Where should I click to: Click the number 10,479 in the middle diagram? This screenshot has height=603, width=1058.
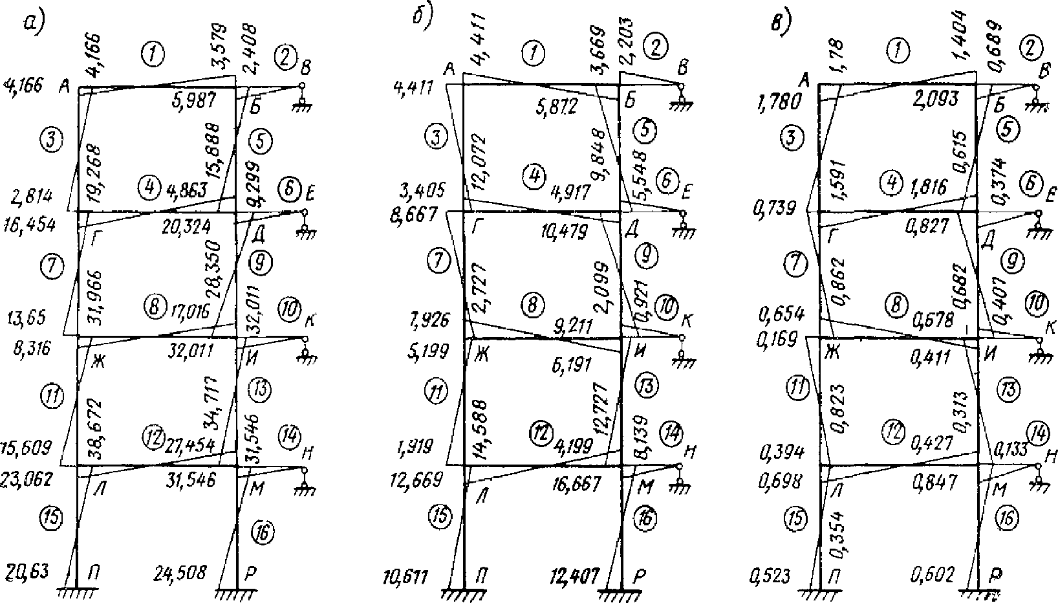[565, 230]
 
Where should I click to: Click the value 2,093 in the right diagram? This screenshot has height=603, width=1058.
[936, 99]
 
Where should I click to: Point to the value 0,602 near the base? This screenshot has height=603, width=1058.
[932, 575]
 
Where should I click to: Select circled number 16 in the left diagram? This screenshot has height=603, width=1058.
[261, 532]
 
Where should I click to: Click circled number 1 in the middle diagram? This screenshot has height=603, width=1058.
[534, 54]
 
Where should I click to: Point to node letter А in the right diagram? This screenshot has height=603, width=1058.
[805, 80]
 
